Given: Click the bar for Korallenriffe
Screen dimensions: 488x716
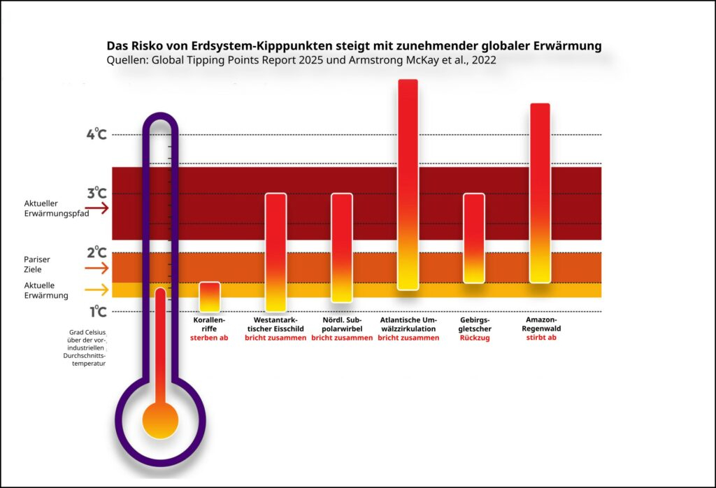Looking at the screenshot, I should pyautogui.click(x=210, y=297).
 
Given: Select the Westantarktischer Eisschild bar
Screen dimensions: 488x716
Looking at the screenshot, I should pyautogui.click(x=275, y=252).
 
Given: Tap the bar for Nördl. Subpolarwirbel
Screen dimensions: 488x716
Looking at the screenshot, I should pyautogui.click(x=341, y=247).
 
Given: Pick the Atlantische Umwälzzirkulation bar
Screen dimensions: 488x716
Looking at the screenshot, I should pyautogui.click(x=408, y=185).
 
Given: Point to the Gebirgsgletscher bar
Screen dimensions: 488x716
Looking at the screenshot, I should pyautogui.click(x=474, y=238).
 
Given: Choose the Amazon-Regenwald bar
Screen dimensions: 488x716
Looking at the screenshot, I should pyautogui.click(x=540, y=193).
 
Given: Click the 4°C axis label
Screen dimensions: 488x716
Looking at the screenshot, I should pyautogui.click(x=96, y=134).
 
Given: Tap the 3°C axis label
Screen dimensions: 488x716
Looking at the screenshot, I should pyautogui.click(x=96, y=194).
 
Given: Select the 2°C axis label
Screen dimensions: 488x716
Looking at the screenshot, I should pyautogui.click(x=96, y=252).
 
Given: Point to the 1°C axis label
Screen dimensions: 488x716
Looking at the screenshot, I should pyautogui.click(x=96, y=311).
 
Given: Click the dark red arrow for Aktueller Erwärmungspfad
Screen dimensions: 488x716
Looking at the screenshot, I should pyautogui.click(x=97, y=208).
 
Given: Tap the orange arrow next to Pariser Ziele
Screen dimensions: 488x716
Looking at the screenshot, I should pyautogui.click(x=97, y=268).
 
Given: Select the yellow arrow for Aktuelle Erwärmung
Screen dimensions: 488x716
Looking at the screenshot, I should pyautogui.click(x=97, y=289).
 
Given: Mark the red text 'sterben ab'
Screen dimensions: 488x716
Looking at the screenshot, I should pyautogui.click(x=210, y=338).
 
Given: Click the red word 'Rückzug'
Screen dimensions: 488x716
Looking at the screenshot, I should pyautogui.click(x=474, y=338).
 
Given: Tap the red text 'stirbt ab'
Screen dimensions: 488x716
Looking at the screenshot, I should pyautogui.click(x=540, y=338).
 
